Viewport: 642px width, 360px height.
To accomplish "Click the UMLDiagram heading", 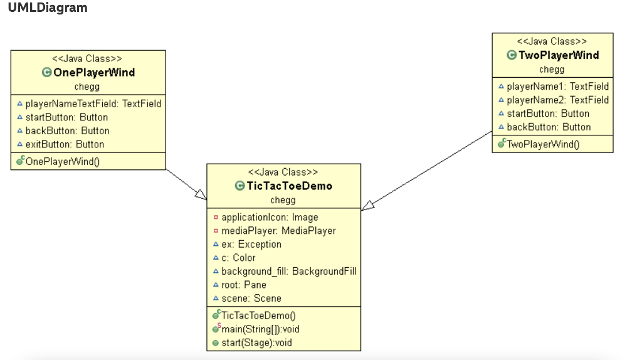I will point(48,8).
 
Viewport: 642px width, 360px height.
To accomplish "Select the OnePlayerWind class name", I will point(94,72).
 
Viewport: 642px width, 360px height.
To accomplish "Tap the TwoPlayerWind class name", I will point(559,55).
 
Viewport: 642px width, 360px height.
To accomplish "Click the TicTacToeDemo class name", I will point(289,186).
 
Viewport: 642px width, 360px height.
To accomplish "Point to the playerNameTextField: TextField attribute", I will point(93,103).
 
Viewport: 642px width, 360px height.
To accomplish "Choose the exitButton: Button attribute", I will point(65,144).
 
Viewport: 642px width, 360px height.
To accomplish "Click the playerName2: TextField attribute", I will point(557,100).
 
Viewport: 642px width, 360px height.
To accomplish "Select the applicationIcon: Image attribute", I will point(270,217).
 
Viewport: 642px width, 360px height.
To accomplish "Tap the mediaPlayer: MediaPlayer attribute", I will point(278,231).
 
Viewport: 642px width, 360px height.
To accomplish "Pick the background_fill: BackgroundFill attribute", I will point(289,271).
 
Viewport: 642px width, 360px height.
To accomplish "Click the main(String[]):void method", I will point(260,329).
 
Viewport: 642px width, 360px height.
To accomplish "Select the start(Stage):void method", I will point(256,342).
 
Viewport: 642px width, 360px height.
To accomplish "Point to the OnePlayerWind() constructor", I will point(63,161).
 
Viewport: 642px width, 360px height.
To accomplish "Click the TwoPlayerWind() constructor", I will point(543,144).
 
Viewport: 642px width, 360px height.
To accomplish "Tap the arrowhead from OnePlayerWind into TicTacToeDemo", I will point(201,195).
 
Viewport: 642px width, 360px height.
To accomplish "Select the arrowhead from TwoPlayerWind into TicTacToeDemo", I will point(368,205).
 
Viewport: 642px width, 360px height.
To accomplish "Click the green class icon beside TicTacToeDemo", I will point(239,186).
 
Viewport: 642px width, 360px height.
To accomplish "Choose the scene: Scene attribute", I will point(251,299).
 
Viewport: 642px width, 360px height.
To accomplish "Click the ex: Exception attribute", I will point(251,245).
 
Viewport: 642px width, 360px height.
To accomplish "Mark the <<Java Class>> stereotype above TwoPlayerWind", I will point(552,41).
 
